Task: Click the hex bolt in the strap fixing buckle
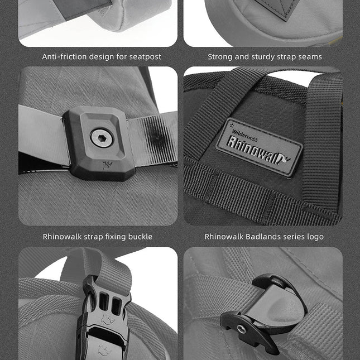(x=101, y=138)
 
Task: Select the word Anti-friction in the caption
(x=63, y=56)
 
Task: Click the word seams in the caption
(x=310, y=56)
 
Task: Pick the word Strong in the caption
(x=220, y=56)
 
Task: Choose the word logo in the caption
(x=314, y=236)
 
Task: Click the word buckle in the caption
(x=139, y=236)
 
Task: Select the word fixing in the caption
(x=112, y=236)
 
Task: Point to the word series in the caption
(x=292, y=236)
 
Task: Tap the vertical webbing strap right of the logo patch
(x=323, y=140)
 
